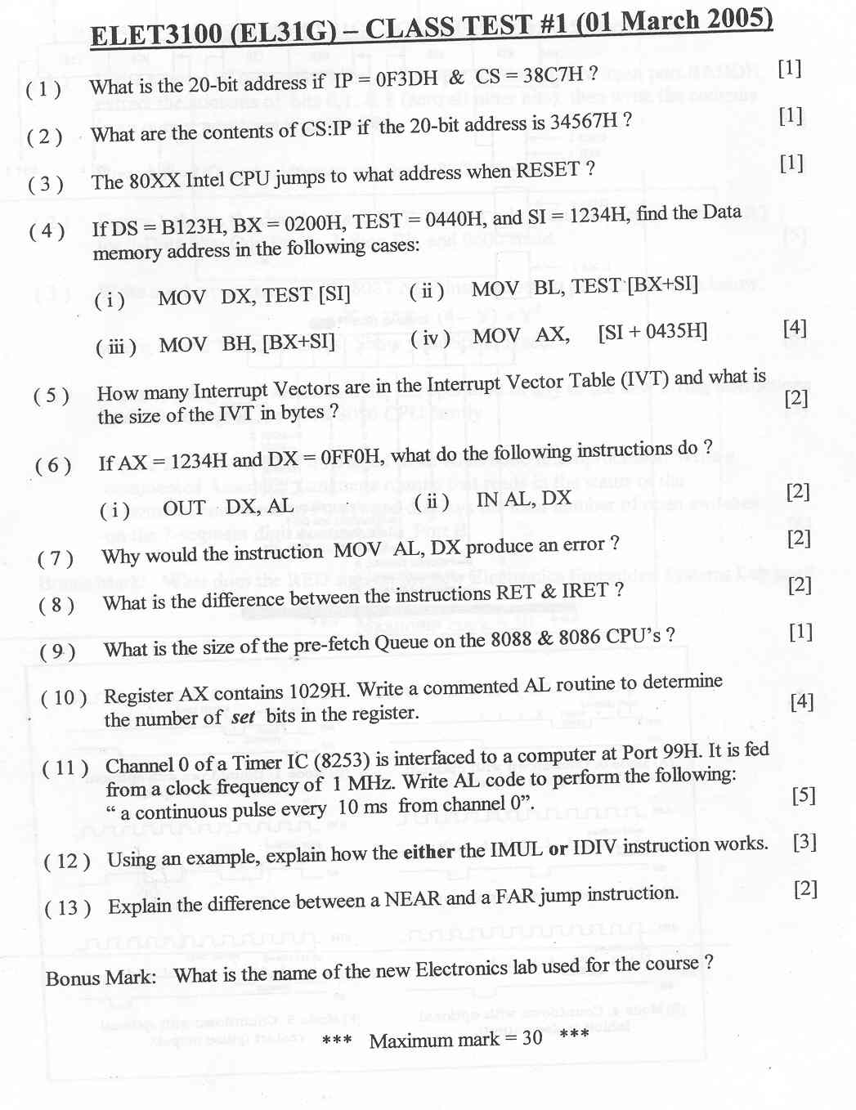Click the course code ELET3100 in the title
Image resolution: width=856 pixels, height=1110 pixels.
[155, 35]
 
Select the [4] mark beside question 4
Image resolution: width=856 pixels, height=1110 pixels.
[794, 328]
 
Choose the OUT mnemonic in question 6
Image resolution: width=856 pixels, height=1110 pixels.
[184, 508]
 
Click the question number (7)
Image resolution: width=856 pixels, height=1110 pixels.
[56, 558]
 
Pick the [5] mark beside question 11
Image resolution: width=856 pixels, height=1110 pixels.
[804, 794]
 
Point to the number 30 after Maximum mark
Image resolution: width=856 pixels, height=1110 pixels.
[531, 1038]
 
